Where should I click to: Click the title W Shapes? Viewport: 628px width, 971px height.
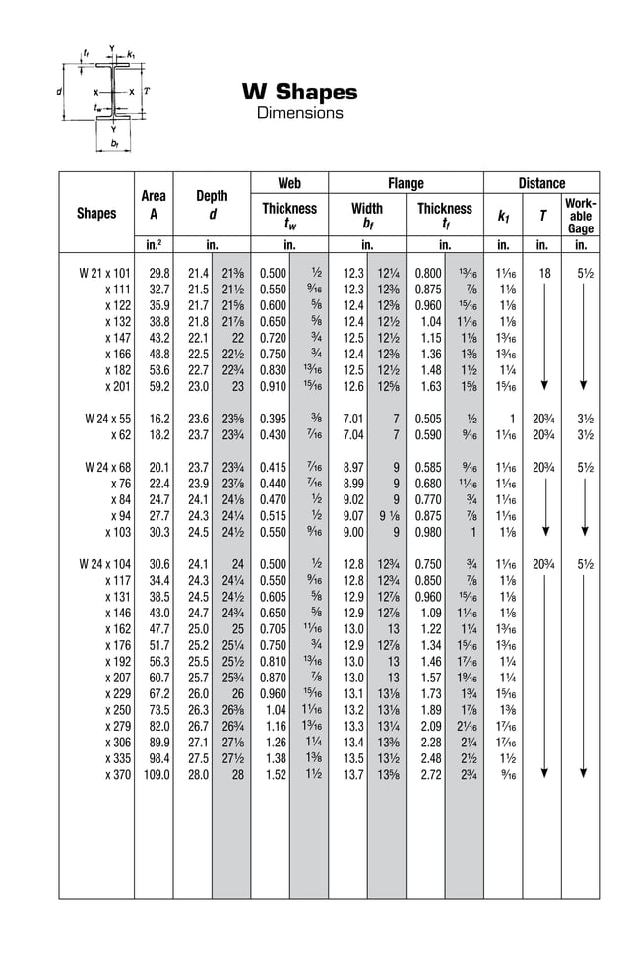(299, 93)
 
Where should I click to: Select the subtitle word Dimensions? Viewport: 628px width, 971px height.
(299, 113)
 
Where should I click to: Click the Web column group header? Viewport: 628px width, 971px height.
(288, 183)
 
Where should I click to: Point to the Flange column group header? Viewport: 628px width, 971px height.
(405, 183)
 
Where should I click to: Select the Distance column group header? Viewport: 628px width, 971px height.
(541, 183)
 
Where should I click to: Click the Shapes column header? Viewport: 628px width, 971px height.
(96, 213)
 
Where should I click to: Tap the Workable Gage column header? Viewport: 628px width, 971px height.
(580, 216)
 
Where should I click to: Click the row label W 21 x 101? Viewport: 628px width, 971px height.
(104, 273)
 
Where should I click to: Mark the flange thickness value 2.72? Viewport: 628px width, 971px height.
(430, 774)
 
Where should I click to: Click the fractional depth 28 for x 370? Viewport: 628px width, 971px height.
(236, 774)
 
